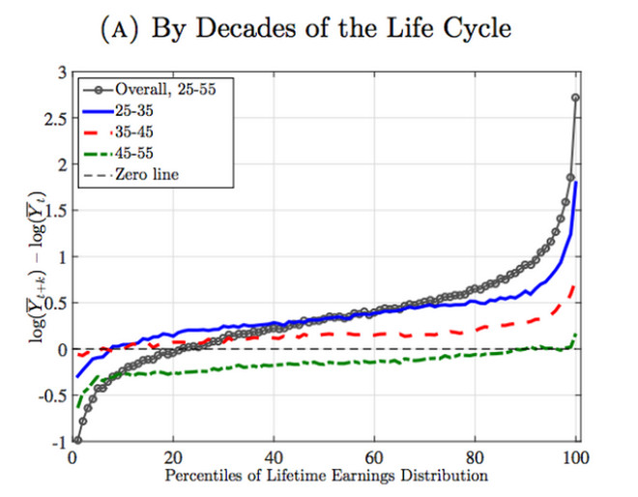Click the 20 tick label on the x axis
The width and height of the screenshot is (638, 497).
173,457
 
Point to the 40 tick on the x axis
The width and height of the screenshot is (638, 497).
274,457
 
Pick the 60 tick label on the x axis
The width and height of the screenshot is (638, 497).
375,457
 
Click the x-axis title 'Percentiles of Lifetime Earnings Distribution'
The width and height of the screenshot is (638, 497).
324,476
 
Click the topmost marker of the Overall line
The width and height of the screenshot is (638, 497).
577,98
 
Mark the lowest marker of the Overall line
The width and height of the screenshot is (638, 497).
77,440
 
